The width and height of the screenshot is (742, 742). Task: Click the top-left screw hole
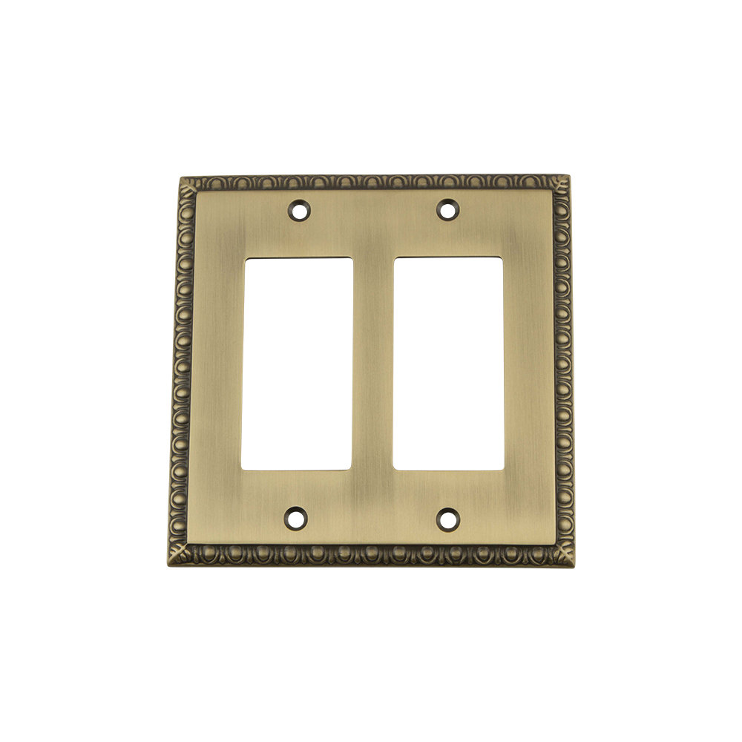[x=299, y=210]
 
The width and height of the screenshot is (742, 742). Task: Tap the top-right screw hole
[x=446, y=209]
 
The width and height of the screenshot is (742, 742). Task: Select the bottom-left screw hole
[x=296, y=517]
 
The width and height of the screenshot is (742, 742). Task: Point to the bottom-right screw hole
[x=447, y=518]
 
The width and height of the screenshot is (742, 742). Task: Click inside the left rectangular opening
[x=297, y=364]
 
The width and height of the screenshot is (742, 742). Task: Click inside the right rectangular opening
[x=447, y=364]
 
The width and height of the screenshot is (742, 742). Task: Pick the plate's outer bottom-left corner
[x=168, y=563]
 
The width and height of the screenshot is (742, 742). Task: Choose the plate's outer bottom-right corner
[x=574, y=566]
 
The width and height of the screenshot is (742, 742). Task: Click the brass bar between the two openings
[x=372, y=364]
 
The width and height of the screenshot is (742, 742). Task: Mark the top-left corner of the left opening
[x=245, y=258]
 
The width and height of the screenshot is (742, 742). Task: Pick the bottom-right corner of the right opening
[x=503, y=470]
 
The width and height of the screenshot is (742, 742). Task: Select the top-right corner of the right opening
[x=502, y=257]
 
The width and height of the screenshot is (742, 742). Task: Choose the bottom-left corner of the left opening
[x=242, y=469]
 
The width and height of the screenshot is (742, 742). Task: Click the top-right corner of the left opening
[x=352, y=258]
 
